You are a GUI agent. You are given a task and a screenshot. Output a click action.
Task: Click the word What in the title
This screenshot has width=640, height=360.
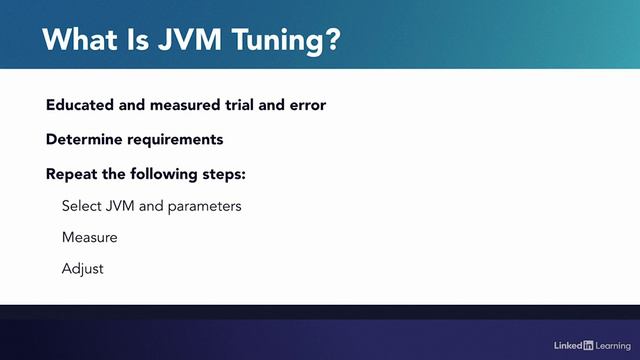tap(79, 41)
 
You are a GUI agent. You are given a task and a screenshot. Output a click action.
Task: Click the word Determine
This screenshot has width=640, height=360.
tap(85, 139)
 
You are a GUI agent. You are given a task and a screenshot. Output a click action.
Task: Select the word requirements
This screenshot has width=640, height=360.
tap(175, 139)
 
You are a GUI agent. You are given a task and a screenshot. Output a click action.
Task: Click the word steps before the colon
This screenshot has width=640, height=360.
tap(224, 174)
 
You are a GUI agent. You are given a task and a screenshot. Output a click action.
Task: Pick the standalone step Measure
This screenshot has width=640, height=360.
tap(89, 238)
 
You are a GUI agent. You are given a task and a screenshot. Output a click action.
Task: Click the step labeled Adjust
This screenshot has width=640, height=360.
tap(82, 269)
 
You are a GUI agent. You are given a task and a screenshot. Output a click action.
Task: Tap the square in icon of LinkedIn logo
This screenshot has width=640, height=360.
tap(588, 345)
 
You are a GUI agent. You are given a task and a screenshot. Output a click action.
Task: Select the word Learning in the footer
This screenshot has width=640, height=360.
tap(612, 345)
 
